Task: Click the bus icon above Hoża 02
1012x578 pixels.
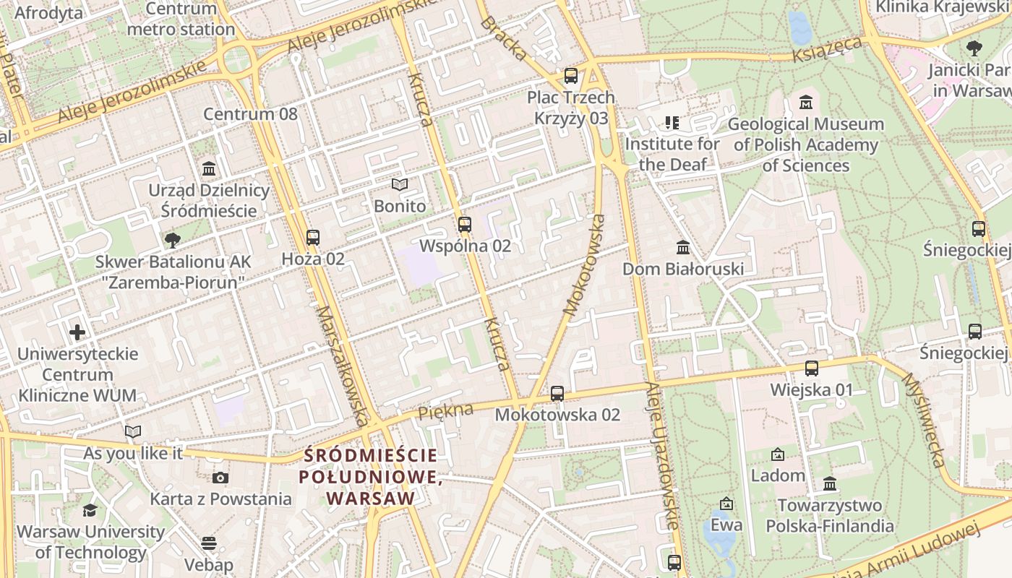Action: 313,237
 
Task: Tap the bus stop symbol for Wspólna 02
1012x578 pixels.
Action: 465,225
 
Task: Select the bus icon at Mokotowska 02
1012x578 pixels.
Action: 557,394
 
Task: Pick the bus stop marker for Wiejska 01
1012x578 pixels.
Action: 812,368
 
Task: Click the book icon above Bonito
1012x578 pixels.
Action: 400,185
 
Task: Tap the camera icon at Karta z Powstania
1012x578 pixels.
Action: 220,478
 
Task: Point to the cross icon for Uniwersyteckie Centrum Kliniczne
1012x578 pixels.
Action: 77,332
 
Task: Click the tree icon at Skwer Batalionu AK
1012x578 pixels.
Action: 172,240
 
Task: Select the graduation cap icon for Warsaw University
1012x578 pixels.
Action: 90,511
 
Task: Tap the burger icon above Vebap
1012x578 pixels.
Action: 209,543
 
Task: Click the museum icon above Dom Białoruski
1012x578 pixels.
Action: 683,248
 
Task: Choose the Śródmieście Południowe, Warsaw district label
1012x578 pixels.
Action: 371,477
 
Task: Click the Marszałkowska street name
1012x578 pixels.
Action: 343,365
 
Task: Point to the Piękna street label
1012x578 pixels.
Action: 446,411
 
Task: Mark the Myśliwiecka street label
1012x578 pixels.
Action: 924,420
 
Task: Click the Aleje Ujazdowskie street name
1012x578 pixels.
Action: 663,455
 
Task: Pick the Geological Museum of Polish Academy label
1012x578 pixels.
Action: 806,144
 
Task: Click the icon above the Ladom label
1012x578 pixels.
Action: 778,454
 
